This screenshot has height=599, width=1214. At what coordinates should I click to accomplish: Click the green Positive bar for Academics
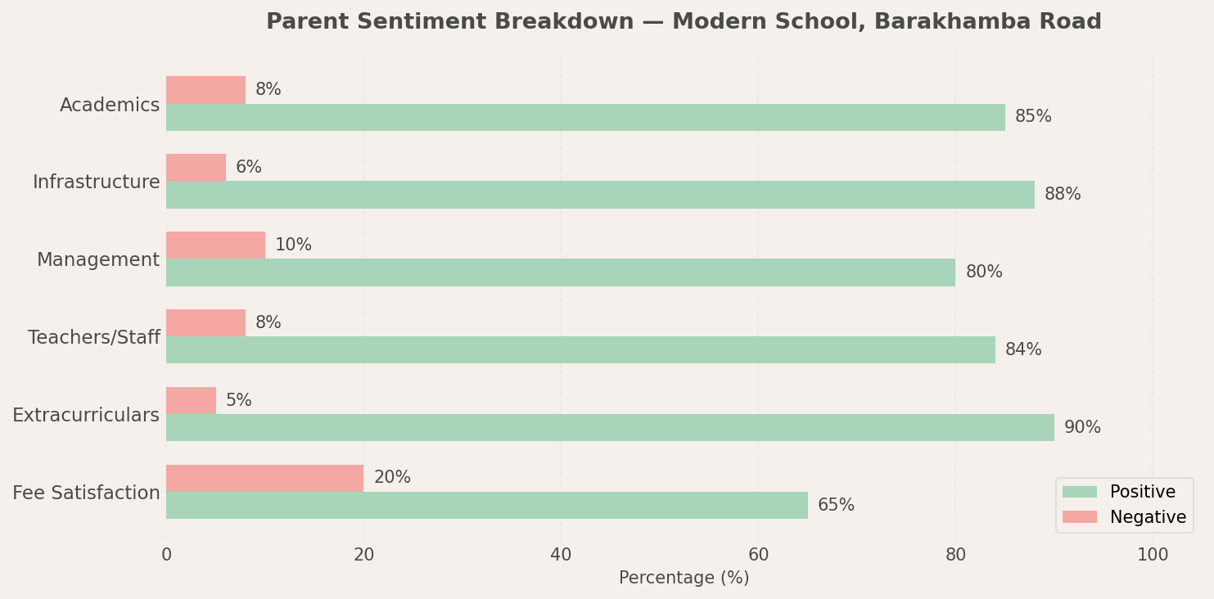pos(585,117)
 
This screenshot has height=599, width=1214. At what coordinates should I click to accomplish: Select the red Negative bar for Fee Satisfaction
pos(265,478)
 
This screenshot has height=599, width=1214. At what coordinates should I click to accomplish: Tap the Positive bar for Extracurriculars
pos(610,427)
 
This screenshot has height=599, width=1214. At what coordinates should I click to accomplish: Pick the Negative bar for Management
pos(215,245)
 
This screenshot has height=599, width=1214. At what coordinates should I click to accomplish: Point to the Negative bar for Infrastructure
pos(196,168)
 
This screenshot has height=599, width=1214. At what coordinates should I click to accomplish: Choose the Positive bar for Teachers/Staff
pos(581,350)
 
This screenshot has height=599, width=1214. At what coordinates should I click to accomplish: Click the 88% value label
pos(1063,194)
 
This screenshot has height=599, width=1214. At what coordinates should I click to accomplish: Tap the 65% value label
pos(836,505)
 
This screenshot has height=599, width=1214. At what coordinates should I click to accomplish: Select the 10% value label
pos(293,245)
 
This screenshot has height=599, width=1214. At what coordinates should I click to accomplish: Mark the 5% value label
pos(238,400)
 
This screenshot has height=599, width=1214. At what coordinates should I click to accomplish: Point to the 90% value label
pos(1082,427)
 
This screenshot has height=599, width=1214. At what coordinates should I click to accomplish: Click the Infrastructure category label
pos(97,182)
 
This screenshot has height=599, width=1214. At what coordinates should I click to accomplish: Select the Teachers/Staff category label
pos(94,337)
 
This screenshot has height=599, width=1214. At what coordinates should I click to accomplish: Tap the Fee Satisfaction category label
pos(86,493)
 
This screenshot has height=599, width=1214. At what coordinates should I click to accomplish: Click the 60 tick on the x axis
pos(758,555)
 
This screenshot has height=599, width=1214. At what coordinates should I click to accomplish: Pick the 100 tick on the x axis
pos(1153,555)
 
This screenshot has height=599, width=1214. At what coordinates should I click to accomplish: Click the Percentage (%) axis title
pos(684,578)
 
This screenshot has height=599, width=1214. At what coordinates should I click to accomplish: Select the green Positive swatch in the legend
pos(1080,492)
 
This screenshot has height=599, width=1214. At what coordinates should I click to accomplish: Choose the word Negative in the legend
pos(1148,517)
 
